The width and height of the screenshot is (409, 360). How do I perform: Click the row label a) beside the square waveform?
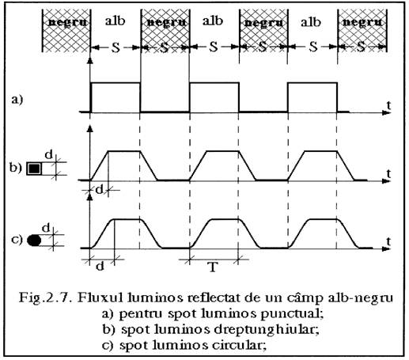click(x=17, y=100)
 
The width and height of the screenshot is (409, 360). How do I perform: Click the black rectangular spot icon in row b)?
click(x=34, y=169)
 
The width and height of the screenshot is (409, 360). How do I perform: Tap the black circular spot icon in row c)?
click(x=34, y=241)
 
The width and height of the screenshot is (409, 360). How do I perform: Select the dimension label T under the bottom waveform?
click(x=213, y=267)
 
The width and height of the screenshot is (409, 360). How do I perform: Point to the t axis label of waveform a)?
click(x=388, y=105)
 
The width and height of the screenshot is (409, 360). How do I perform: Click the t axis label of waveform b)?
click(x=388, y=173)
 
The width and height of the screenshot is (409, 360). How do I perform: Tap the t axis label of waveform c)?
click(x=388, y=241)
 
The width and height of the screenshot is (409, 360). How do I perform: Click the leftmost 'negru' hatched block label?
click(x=67, y=22)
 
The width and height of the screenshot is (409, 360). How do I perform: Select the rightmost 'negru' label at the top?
click(x=362, y=22)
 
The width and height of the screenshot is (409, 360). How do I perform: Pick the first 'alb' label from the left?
click(x=115, y=21)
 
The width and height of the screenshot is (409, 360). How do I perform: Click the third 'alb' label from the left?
click(x=311, y=22)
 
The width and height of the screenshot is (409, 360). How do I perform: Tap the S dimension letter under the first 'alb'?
click(x=116, y=47)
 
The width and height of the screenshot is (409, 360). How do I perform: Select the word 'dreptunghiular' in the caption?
click(x=267, y=330)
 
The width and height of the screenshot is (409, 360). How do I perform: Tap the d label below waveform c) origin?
click(x=100, y=267)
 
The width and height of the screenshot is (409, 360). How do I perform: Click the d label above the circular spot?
click(x=46, y=228)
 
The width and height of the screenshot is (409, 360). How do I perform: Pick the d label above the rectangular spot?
click(x=48, y=155)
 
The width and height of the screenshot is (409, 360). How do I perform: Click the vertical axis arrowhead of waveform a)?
click(x=90, y=61)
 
